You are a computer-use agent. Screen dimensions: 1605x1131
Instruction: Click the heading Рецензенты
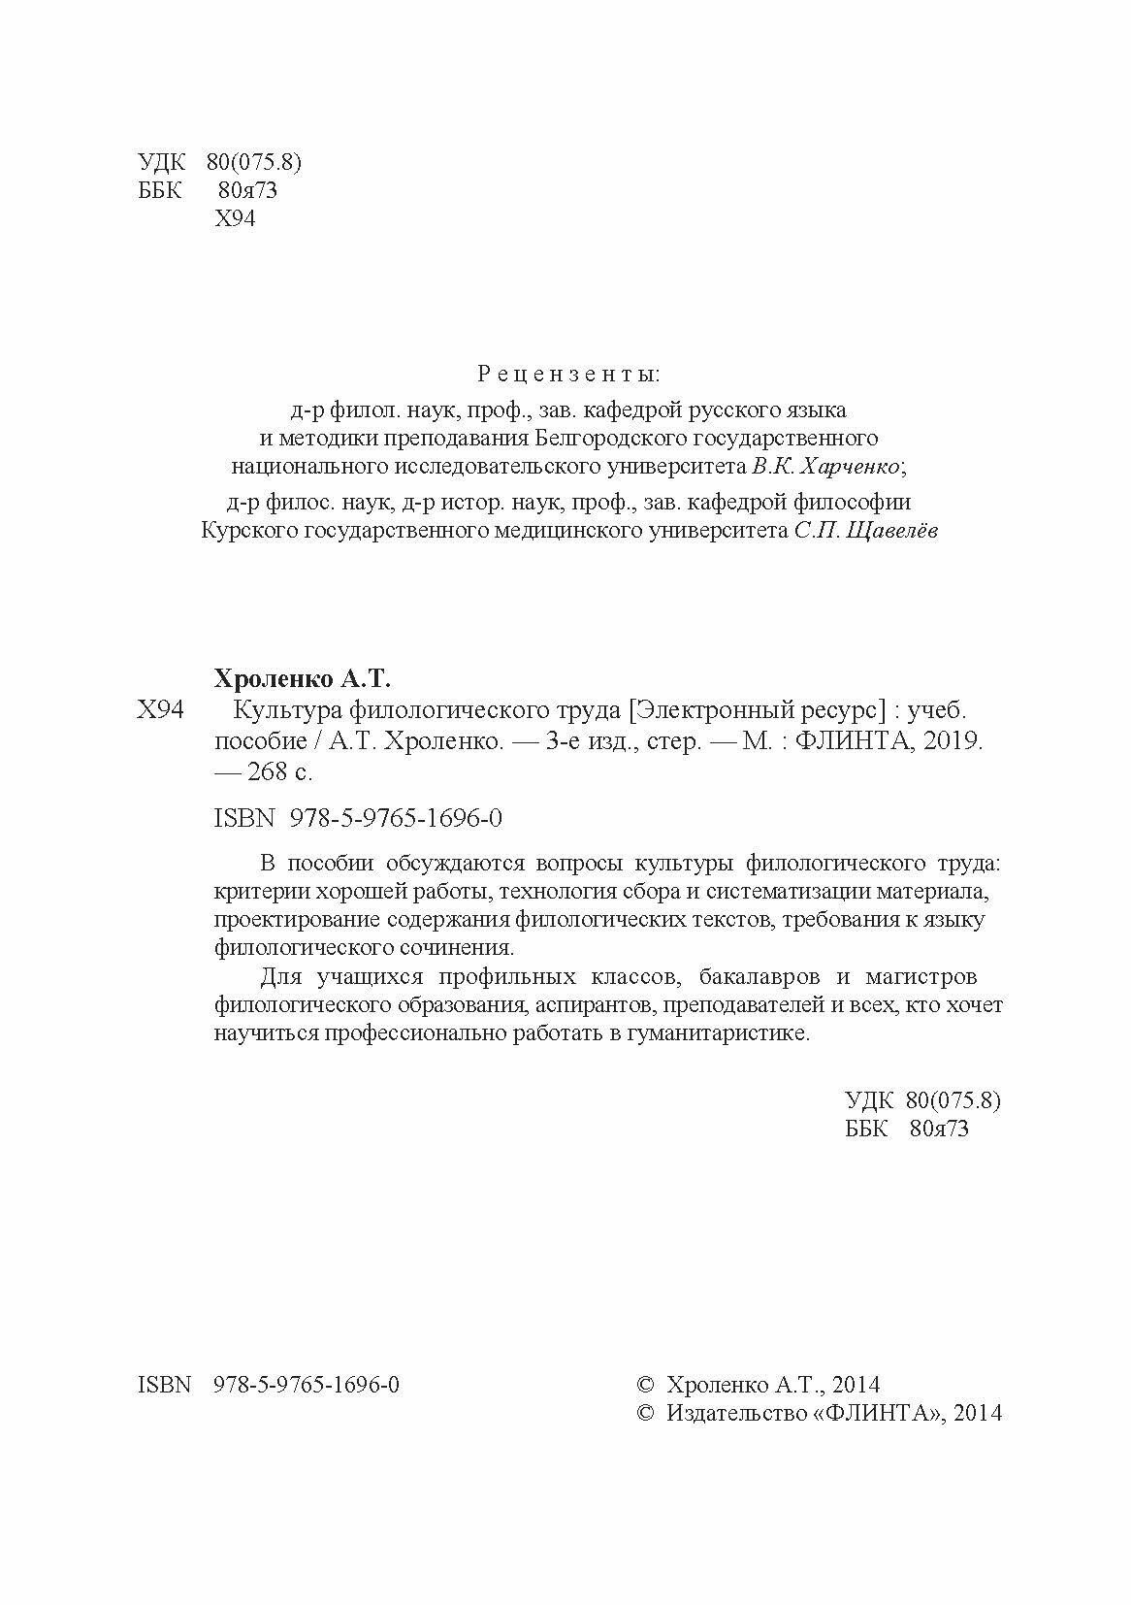[568, 374]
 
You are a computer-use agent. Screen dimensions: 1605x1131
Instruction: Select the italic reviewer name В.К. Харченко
[825, 467]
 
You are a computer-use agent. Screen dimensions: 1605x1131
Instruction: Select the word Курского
[248, 531]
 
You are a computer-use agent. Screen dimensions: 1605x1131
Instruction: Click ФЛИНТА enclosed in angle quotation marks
[878, 1413]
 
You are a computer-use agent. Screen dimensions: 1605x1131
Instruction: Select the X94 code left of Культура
[160, 710]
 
